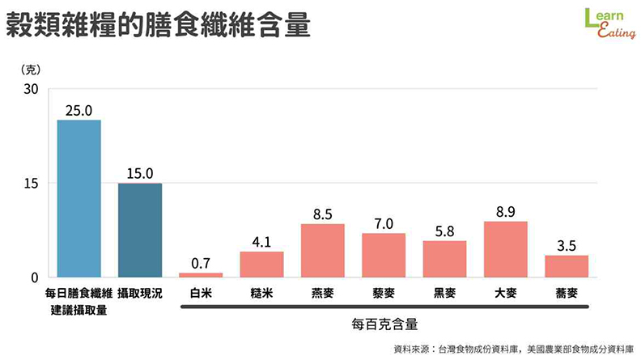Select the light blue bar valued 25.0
coord(79,198)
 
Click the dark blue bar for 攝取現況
coord(140,230)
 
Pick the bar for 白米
coord(201,274)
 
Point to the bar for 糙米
coord(261,264)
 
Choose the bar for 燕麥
coord(323,250)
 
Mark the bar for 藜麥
coord(384,255)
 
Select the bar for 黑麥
coord(444,259)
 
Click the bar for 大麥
coord(506,249)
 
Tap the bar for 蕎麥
coord(567,266)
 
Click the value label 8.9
coord(506,213)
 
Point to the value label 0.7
coord(201,264)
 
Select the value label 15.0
coord(140,174)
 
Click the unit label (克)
coord(30,70)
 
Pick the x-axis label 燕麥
coord(323,294)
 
